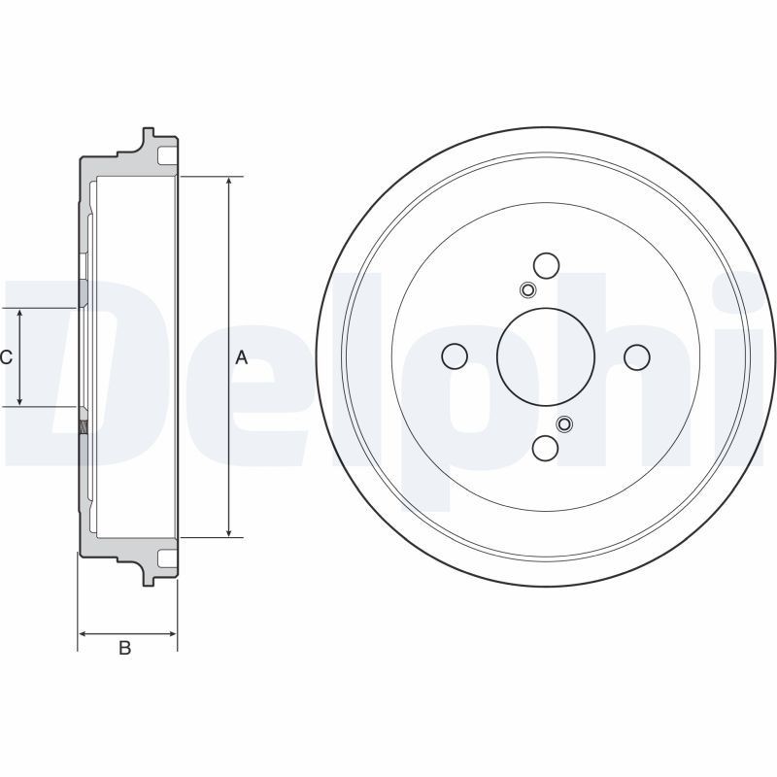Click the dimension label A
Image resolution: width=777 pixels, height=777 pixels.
pos(242,357)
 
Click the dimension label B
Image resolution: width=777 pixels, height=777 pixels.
pos(124,648)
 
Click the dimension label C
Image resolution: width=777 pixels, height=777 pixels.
pos(6,357)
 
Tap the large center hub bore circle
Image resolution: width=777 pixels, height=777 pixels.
pos(545,355)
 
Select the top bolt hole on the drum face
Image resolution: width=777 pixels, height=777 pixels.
pos(546,265)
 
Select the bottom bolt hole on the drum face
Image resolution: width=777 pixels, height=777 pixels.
pos(546,448)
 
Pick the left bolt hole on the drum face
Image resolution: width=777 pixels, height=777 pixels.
pos(454,356)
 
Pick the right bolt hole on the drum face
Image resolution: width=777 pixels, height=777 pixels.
pos(636,356)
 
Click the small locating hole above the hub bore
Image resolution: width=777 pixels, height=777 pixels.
pos(526,290)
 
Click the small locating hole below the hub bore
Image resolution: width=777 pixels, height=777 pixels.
pos(564,423)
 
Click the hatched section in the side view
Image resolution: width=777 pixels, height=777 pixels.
pos(83,424)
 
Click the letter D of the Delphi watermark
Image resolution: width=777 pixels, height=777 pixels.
pos(58,369)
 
